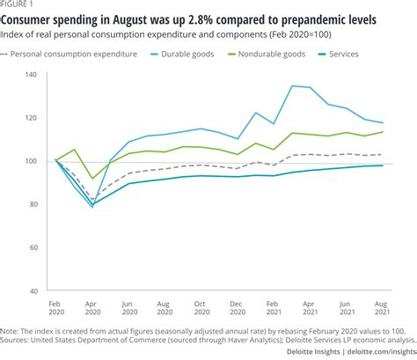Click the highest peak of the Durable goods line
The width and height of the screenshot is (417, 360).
pos(292,85)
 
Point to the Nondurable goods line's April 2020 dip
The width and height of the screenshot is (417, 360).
pos(92,179)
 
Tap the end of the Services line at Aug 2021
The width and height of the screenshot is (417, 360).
pos(382,165)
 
